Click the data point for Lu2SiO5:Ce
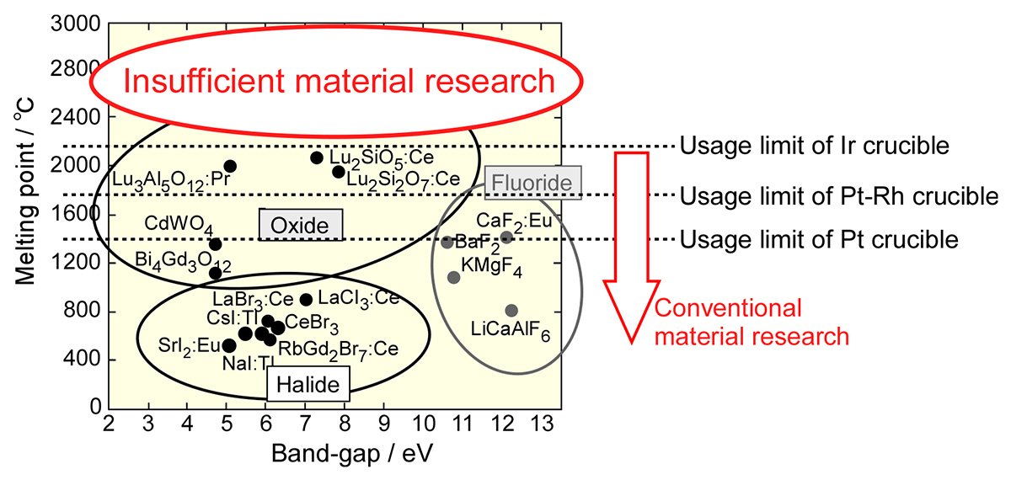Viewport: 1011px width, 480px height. [317, 158]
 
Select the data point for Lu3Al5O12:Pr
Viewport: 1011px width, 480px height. [230, 166]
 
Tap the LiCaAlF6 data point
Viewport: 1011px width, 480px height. [511, 311]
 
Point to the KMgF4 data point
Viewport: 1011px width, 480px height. [453, 277]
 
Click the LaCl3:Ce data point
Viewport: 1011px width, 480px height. [306, 300]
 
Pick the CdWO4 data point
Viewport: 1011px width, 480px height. [216, 244]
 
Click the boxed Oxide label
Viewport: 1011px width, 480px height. [301, 225]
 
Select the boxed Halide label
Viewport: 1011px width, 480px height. [308, 384]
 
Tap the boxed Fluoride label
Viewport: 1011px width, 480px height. [532, 183]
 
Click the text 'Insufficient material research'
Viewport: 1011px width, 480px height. [339, 81]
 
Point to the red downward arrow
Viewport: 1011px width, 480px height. [631, 248]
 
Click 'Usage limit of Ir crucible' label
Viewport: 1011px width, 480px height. [814, 146]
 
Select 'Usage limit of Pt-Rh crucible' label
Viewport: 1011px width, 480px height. [839, 195]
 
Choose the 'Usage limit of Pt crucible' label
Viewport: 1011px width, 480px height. [819, 239]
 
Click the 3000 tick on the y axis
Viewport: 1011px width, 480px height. [75, 24]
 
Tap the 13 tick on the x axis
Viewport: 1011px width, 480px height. [542, 424]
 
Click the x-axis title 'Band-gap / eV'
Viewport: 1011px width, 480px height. [352, 453]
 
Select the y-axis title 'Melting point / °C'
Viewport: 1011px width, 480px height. [24, 191]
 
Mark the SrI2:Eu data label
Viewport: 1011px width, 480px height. [190, 346]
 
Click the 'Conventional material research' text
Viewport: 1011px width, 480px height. [752, 322]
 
